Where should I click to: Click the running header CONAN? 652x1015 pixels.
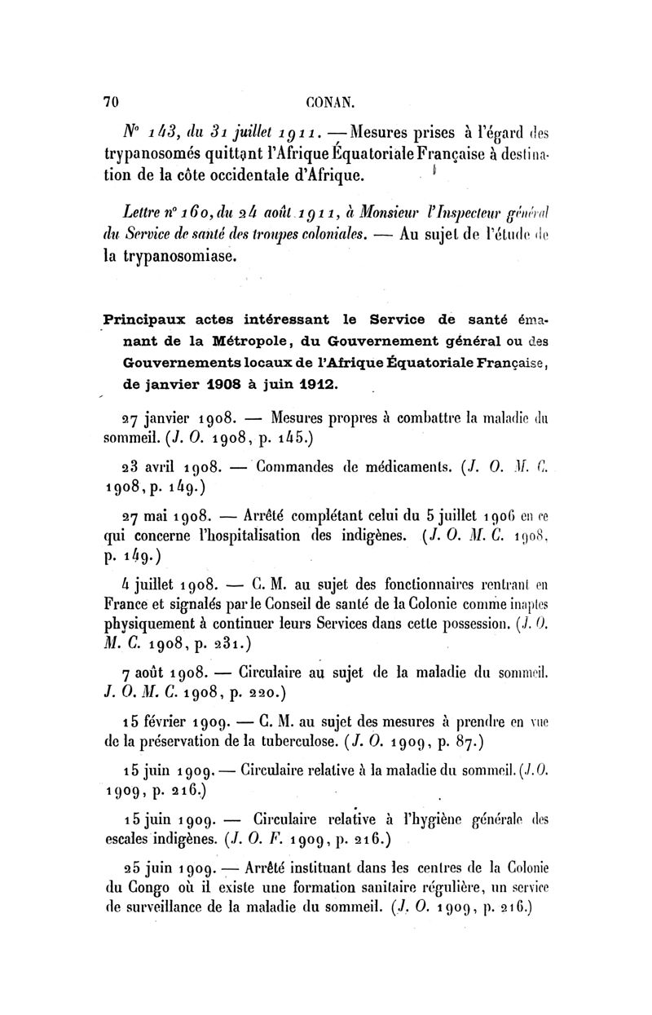coord(329,102)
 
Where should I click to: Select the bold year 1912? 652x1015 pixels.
coord(314,382)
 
